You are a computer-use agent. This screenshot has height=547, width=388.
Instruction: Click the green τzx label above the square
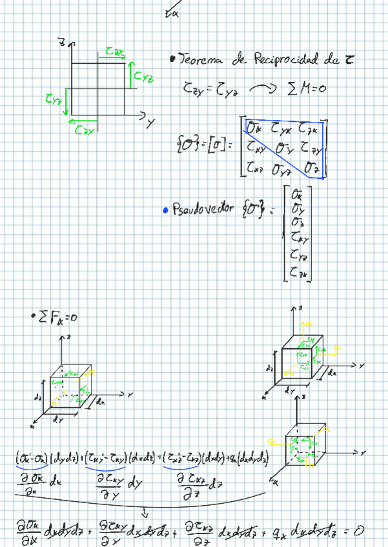116,50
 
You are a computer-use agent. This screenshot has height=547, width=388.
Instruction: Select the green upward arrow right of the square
131,73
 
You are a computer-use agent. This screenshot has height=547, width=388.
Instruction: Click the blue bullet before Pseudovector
166,210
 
